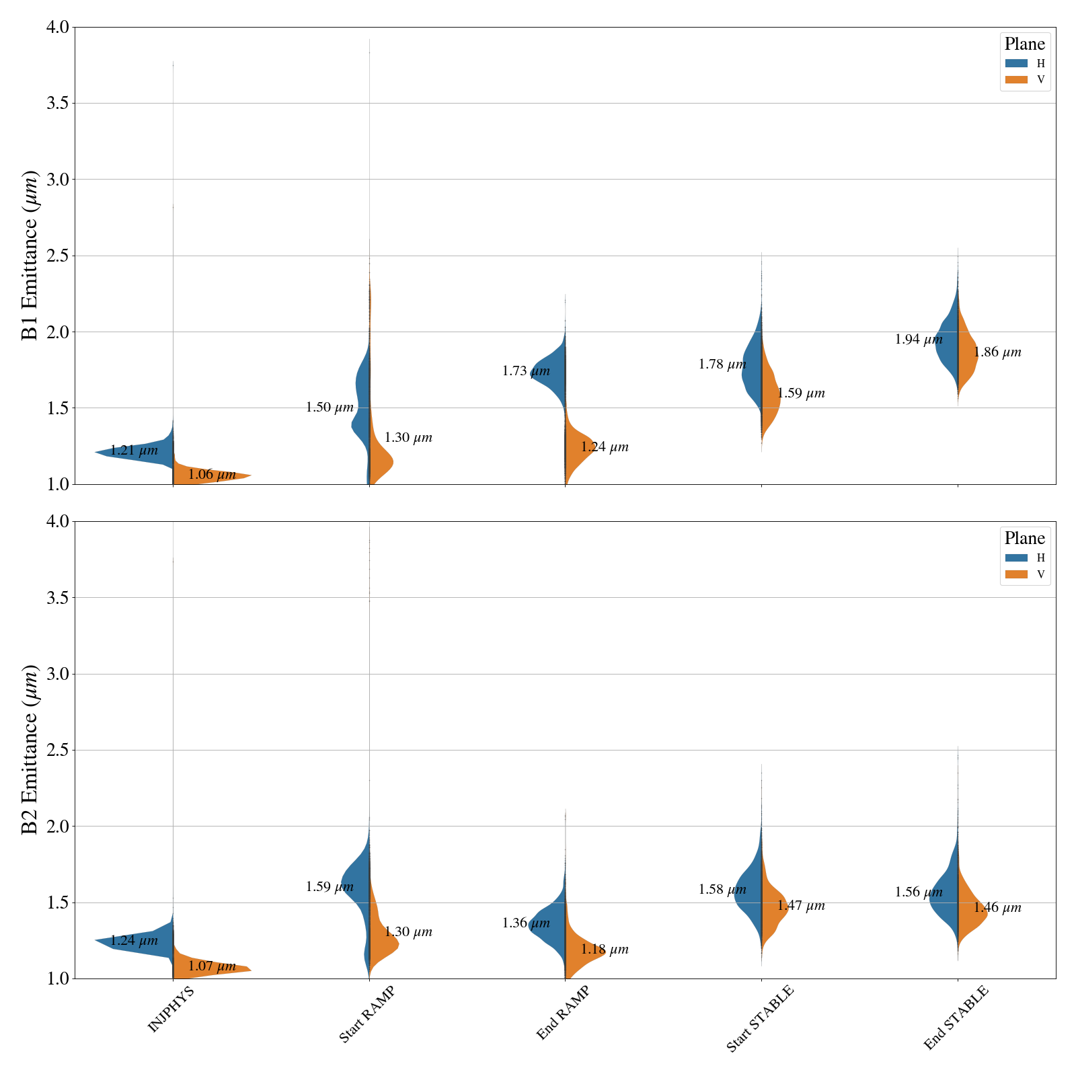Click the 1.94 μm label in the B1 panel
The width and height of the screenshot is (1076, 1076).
[x=918, y=340]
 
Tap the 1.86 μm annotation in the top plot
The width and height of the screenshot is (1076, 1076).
[x=997, y=352]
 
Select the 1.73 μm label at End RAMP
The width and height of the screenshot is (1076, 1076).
[x=526, y=371]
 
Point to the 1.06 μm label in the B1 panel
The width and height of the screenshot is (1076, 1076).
[x=212, y=475]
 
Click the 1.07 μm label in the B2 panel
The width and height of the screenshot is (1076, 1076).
[x=212, y=966]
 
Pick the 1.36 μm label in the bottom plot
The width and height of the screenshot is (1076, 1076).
[x=526, y=923]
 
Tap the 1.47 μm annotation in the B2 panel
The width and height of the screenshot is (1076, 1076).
[x=801, y=906]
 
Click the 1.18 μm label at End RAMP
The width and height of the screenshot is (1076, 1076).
[x=605, y=950]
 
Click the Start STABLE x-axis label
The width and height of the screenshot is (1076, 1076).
[x=760, y=1018]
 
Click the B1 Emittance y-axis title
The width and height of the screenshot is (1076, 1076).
[x=30, y=256]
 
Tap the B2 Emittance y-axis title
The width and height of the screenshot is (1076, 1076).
[x=30, y=750]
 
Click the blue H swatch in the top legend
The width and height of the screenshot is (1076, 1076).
[x=1016, y=63]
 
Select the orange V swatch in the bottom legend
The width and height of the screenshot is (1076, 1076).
[x=1016, y=574]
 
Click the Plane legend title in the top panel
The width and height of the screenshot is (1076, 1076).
[x=1024, y=44]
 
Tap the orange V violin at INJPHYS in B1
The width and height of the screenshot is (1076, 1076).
[x=208, y=473]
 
